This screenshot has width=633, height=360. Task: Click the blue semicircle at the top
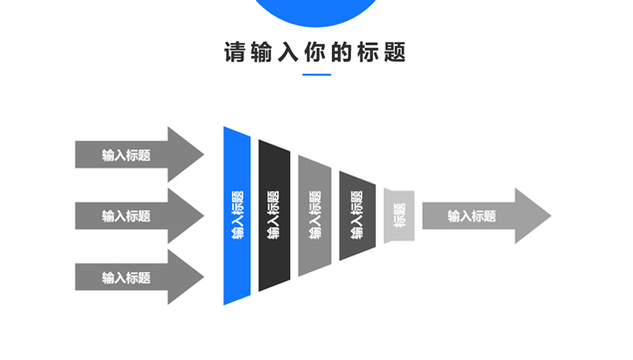[x=316, y=10]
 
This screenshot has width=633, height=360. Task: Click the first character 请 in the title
[x=234, y=53]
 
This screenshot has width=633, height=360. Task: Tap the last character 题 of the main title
[x=396, y=53]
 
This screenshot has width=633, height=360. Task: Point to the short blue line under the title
[x=316, y=76]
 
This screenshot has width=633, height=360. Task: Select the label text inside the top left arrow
[x=126, y=155]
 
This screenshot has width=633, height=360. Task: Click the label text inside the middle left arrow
[x=126, y=215]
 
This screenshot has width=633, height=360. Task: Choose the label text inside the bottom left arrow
[x=126, y=277]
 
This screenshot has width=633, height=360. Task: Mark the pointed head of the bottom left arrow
[x=187, y=277]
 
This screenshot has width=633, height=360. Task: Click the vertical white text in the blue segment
[x=237, y=215]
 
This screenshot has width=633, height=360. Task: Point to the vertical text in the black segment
[x=274, y=215]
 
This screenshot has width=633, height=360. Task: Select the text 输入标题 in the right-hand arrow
[x=472, y=215]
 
